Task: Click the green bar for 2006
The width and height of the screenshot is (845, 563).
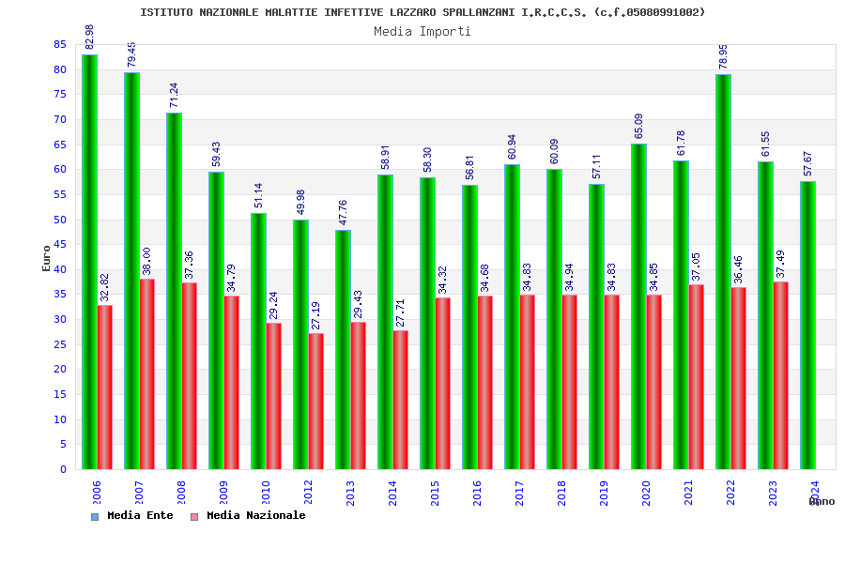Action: [x=89, y=263]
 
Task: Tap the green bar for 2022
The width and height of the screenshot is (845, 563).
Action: [x=723, y=272]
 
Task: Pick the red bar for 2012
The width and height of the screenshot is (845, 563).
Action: [x=316, y=401]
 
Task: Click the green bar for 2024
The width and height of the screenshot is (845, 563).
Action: [x=807, y=325]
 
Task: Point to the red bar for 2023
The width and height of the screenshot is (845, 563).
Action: [x=781, y=375]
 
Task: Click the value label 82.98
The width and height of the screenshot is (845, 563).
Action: [x=90, y=37]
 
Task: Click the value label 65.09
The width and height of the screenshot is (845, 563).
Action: [x=639, y=126]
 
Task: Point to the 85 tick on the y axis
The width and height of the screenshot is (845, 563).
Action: [x=60, y=45]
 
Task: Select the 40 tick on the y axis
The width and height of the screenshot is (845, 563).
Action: [x=60, y=269]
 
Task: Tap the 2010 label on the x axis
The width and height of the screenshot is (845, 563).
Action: [x=267, y=493]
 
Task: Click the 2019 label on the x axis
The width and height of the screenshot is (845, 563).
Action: [x=605, y=493]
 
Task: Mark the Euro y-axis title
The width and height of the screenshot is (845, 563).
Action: [x=47, y=258]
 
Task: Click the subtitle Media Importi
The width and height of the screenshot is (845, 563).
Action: [x=422, y=31]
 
